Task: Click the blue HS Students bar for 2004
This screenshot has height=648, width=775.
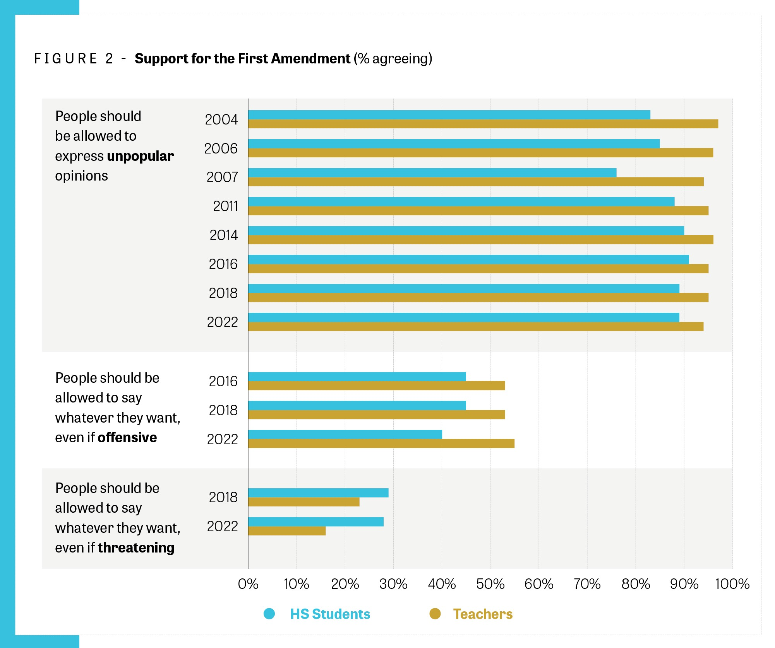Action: [x=449, y=115]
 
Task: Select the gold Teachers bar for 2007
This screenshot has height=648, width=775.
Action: [x=476, y=182]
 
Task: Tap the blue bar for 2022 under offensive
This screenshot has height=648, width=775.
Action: [x=345, y=435]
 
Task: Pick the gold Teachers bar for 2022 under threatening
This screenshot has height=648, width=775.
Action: [x=287, y=531]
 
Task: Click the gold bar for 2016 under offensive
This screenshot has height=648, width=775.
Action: [x=376, y=386]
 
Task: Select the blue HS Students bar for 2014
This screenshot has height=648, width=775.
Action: [x=466, y=231]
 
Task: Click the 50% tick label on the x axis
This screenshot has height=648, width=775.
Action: [x=490, y=584]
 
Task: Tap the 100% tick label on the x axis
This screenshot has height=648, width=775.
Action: [x=732, y=584]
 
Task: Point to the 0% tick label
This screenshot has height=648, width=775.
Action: [x=248, y=584]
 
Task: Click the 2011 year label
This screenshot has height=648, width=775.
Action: [x=225, y=206]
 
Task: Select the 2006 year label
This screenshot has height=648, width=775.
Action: [x=221, y=149]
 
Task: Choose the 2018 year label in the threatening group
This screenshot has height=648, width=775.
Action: [x=223, y=498]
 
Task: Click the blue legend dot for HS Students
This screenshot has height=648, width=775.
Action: [x=269, y=614]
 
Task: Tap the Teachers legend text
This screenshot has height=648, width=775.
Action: [x=483, y=614]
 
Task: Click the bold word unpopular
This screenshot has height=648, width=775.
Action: [x=141, y=156]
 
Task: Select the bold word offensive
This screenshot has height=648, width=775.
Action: [x=127, y=438]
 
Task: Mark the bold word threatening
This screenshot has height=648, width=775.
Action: [x=136, y=548]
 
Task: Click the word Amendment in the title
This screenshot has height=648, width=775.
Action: [x=310, y=59]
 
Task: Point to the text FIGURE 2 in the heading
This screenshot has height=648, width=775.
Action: [x=74, y=59]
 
